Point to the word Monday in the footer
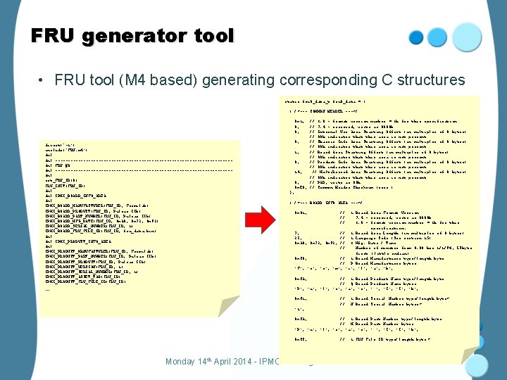pyautogui.click(x=185, y=362)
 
